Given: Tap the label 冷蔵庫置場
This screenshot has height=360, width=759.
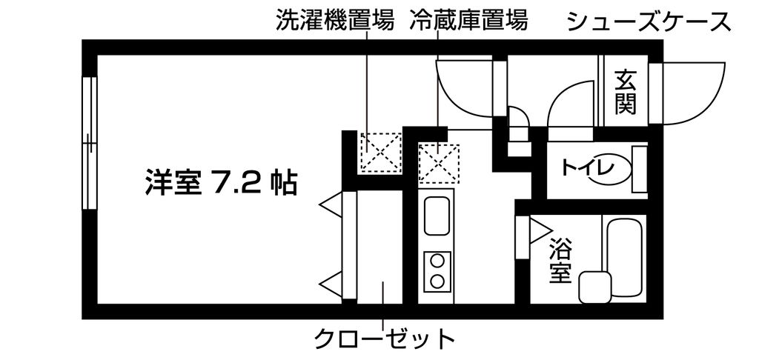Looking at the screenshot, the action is (x=468, y=21).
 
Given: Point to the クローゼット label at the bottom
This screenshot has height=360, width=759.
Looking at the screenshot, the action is (x=383, y=339).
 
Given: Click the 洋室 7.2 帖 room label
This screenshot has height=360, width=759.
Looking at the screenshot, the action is (x=221, y=181).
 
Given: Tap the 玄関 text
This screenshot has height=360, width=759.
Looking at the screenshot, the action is (x=626, y=91).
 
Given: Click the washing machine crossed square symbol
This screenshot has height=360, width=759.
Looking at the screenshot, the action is (x=379, y=153).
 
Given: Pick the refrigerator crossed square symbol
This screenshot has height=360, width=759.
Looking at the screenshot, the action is (x=438, y=162).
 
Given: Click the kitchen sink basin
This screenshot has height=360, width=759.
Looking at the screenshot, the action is (x=437, y=216).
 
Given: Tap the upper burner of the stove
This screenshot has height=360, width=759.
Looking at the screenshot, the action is (x=437, y=261).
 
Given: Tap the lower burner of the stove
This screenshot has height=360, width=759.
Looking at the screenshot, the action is (x=437, y=281).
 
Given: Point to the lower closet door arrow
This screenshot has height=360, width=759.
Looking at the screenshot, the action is (x=331, y=281).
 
